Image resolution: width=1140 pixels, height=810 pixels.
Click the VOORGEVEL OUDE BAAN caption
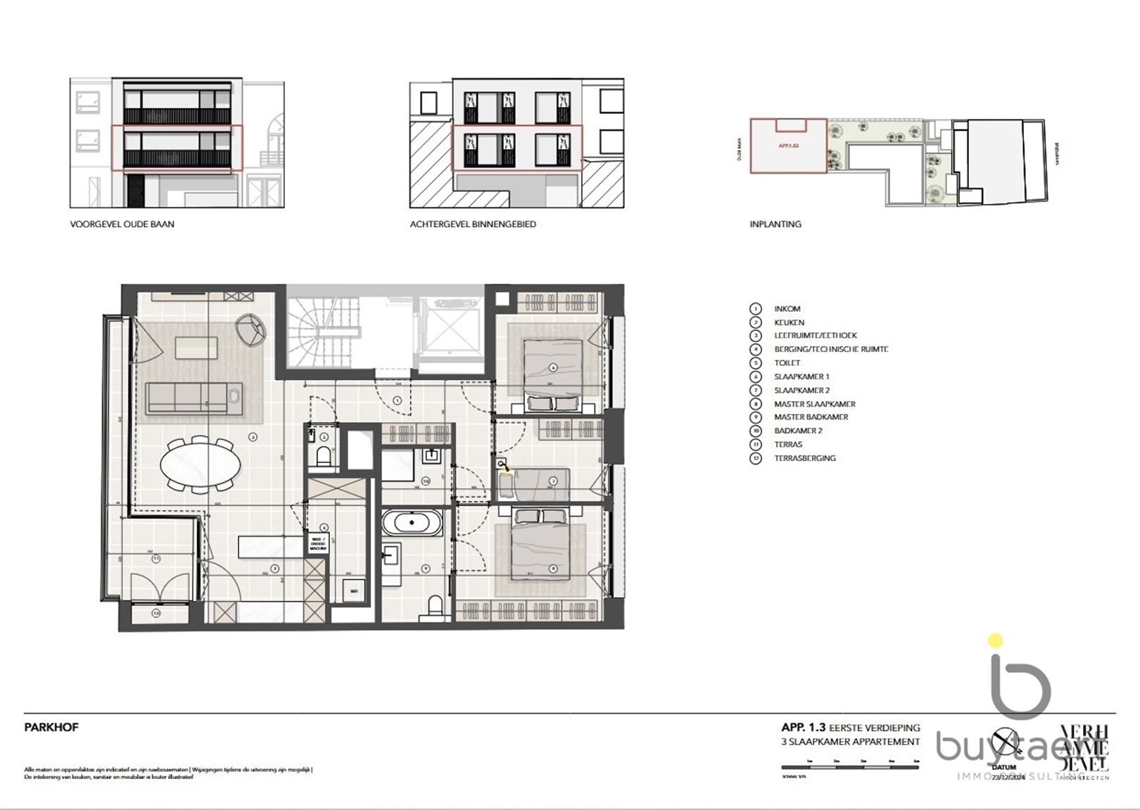pyautogui.click(x=122, y=224)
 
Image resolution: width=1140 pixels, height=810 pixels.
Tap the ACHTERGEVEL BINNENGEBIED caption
pyautogui.click(x=473, y=224)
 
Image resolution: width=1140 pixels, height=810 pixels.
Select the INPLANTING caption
pyautogui.click(x=775, y=224)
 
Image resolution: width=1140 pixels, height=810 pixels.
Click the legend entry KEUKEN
pyautogui.click(x=788, y=322)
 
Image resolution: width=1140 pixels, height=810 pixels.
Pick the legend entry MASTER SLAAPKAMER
pyautogui.click(x=814, y=404)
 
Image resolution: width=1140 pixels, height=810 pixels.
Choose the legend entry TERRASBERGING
pyautogui.click(x=804, y=458)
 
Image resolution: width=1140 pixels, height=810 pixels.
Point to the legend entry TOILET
pyautogui.click(x=787, y=363)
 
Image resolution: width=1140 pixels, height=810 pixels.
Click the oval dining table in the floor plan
pyautogui.click(x=200, y=464)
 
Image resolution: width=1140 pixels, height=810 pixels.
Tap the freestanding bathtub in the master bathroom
pyautogui.click(x=412, y=524)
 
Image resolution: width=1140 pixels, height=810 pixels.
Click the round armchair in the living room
pyautogui.click(x=252, y=329)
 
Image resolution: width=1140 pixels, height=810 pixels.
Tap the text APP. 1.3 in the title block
pyautogui.click(x=803, y=728)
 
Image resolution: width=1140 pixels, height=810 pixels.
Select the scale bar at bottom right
pyautogui.click(x=849, y=767)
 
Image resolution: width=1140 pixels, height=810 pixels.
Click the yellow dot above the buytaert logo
pyautogui.click(x=995, y=640)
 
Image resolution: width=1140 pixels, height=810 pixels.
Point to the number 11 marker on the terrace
pyautogui.click(x=156, y=559)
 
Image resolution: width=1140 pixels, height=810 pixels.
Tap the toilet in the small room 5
pyautogui.click(x=324, y=457)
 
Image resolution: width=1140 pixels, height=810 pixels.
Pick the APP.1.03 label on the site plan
pyautogui.click(x=789, y=146)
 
